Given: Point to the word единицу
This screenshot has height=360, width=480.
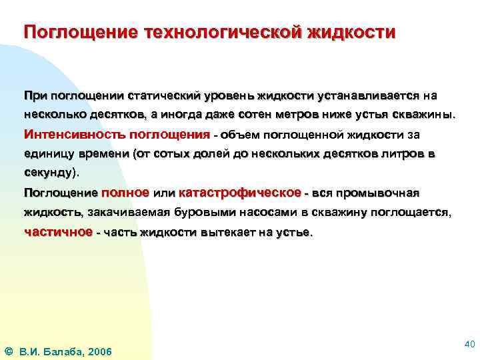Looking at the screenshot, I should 49,153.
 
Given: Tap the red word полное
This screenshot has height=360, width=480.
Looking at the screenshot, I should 125,193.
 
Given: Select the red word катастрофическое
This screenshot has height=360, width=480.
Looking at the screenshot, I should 239,193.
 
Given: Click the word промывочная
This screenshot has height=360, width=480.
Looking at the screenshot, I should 378,193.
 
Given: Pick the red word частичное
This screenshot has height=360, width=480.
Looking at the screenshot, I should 58,232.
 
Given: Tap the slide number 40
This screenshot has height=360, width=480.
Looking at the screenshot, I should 468,344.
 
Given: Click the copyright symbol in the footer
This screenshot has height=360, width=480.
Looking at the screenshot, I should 8,351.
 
